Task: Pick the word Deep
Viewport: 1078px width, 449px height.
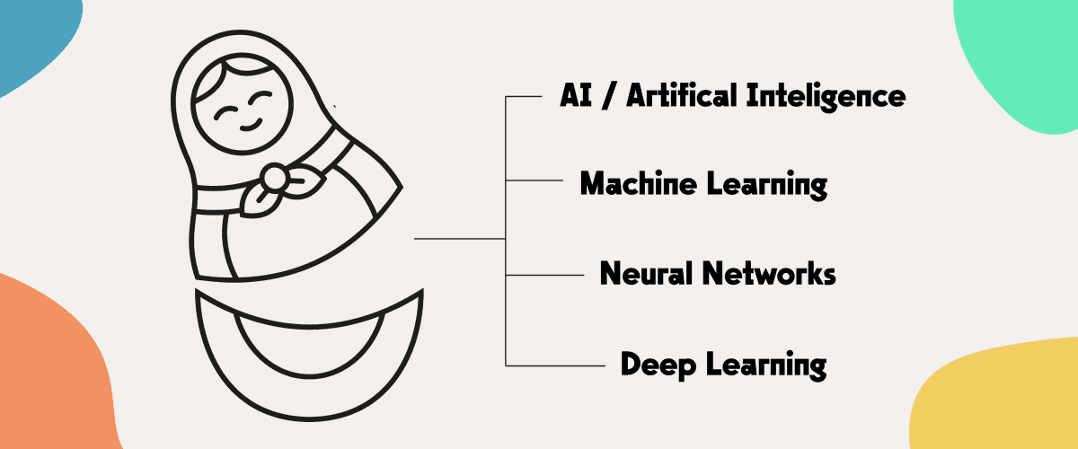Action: pyautogui.click(x=654, y=365)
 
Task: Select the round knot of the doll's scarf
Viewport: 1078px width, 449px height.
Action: pyautogui.click(x=276, y=178)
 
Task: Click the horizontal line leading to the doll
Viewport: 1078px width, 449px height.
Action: pyautogui.click(x=458, y=239)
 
